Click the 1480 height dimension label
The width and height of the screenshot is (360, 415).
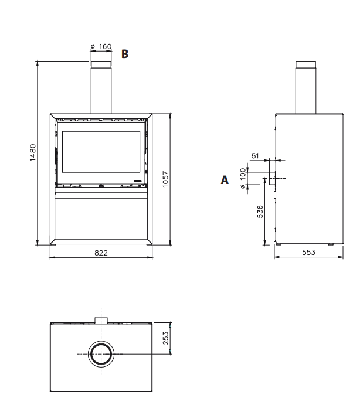33,152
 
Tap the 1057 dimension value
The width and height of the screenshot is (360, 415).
165,179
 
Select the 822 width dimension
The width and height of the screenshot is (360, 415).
101,253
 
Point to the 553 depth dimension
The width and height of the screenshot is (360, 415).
308,253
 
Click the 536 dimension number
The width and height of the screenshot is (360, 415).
260,212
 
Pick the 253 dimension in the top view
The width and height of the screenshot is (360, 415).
165,338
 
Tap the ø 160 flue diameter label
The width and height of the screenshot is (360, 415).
101,46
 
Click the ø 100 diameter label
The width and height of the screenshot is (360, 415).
243,178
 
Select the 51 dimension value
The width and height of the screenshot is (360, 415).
255,156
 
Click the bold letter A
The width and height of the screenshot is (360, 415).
225,180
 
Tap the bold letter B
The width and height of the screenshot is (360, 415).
125,54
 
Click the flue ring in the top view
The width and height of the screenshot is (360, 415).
101,354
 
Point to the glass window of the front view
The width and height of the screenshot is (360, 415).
101,152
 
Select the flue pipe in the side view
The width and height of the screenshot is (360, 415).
305,87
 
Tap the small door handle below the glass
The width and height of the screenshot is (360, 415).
137,181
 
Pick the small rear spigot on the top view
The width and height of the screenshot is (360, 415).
101,320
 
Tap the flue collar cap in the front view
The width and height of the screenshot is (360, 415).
101,64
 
